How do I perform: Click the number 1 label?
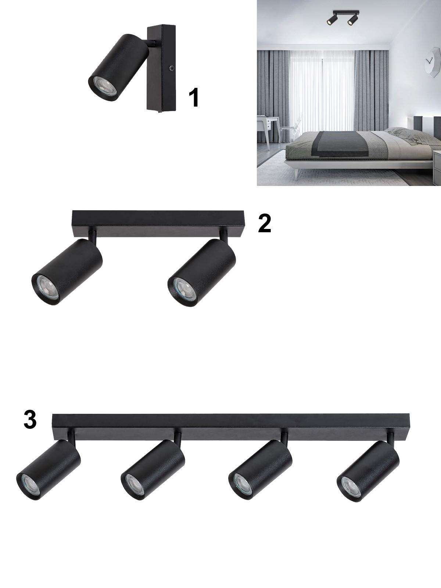click(194, 98)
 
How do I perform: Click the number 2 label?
click(265, 223)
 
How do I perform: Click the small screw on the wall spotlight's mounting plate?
click(170, 69)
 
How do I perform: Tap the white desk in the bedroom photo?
click(268, 126)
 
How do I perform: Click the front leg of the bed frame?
click(295, 173)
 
